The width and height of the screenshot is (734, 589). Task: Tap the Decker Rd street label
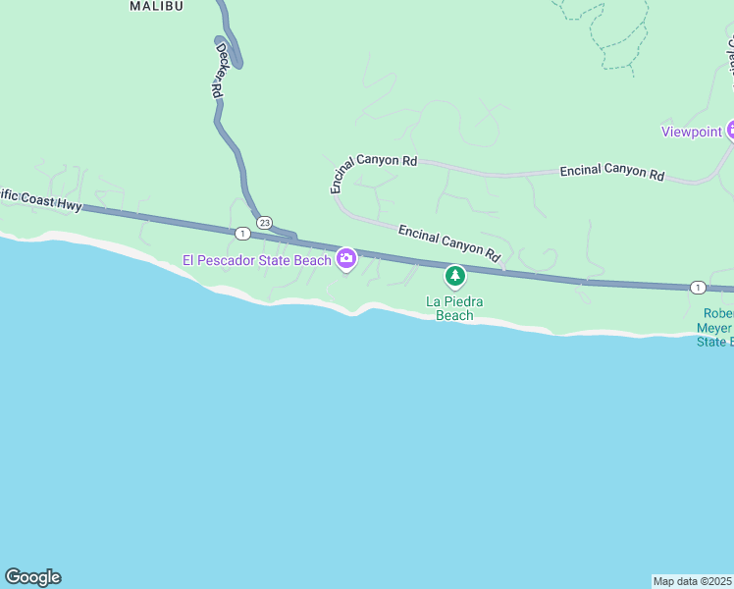[x=219, y=69]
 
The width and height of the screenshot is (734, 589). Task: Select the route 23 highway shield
[x=264, y=223]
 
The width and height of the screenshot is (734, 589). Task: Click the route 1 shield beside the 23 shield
[x=241, y=233]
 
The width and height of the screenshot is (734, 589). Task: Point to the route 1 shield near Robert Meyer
[x=697, y=287]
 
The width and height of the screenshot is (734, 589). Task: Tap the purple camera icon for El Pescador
[x=345, y=259]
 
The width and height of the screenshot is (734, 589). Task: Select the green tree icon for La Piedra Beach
[x=454, y=277]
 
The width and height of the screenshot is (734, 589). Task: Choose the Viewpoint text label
[x=691, y=132]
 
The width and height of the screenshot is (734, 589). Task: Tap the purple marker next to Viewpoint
[x=729, y=131]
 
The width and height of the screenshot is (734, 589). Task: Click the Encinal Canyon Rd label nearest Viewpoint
[x=611, y=172]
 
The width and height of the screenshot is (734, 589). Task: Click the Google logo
[x=32, y=577]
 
